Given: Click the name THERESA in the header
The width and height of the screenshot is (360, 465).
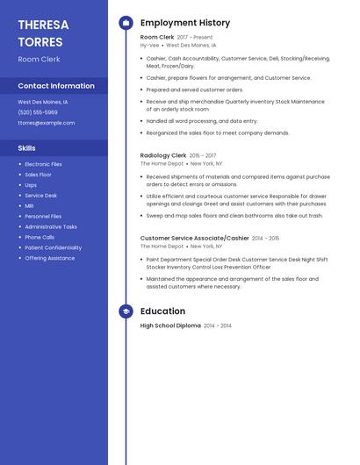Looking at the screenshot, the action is [43, 25].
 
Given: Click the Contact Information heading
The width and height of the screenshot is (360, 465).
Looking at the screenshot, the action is [56, 86].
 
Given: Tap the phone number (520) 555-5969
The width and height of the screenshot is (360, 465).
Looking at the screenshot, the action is [38, 112].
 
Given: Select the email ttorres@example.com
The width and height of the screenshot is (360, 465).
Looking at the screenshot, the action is [47, 123].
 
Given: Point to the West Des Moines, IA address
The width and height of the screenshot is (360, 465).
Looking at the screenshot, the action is [43, 102].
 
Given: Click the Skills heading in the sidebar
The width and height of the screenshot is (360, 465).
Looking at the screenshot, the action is [27, 148].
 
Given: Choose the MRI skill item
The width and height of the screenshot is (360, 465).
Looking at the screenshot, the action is [30, 206].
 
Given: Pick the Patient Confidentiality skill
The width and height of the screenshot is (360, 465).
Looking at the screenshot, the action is [54, 247].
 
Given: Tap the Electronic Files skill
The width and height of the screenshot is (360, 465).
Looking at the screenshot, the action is [43, 164].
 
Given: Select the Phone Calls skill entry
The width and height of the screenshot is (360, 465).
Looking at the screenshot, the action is [40, 237].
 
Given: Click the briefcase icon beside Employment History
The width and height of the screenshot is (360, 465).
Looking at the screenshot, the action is [126, 23].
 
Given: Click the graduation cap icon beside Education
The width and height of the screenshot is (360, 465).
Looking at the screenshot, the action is [126, 311].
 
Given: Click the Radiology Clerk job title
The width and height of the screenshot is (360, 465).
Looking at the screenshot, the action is [163, 155].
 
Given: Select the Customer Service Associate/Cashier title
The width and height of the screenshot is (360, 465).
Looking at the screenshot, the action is [194, 238].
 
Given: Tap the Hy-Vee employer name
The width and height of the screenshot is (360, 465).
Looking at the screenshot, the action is [150, 45].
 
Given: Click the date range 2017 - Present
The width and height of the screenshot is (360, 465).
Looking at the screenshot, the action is [195, 38].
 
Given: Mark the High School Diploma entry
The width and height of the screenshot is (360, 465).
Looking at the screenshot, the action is [170, 325].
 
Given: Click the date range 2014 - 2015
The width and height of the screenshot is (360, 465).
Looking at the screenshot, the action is [266, 238].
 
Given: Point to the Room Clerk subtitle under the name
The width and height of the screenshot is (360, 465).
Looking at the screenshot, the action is [40, 59].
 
